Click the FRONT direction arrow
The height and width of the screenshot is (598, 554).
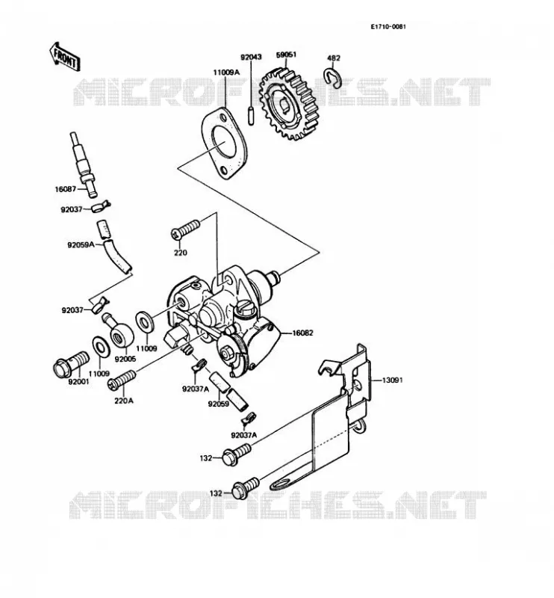pos(65,57)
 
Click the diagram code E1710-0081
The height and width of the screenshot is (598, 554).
pos(388,27)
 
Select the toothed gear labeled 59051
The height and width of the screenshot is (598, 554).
pos(289,104)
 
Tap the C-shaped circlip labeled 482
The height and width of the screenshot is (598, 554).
pos(333,77)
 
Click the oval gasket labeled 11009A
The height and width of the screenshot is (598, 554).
pos(225,144)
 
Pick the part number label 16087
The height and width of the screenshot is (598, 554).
pos(66,189)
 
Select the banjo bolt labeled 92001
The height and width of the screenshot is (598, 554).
pos(71,362)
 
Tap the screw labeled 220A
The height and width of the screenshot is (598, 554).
pos(122,380)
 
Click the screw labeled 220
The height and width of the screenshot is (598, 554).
pos(186,229)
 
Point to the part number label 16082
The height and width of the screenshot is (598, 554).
pos(302,333)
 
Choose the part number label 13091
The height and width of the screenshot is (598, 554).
pos(392,380)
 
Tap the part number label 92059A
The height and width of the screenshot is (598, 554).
pos(81,245)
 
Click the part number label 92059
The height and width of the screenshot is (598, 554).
pos(218,404)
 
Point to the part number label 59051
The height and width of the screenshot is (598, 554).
pos(286,55)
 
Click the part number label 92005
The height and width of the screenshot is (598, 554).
pos(125,360)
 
